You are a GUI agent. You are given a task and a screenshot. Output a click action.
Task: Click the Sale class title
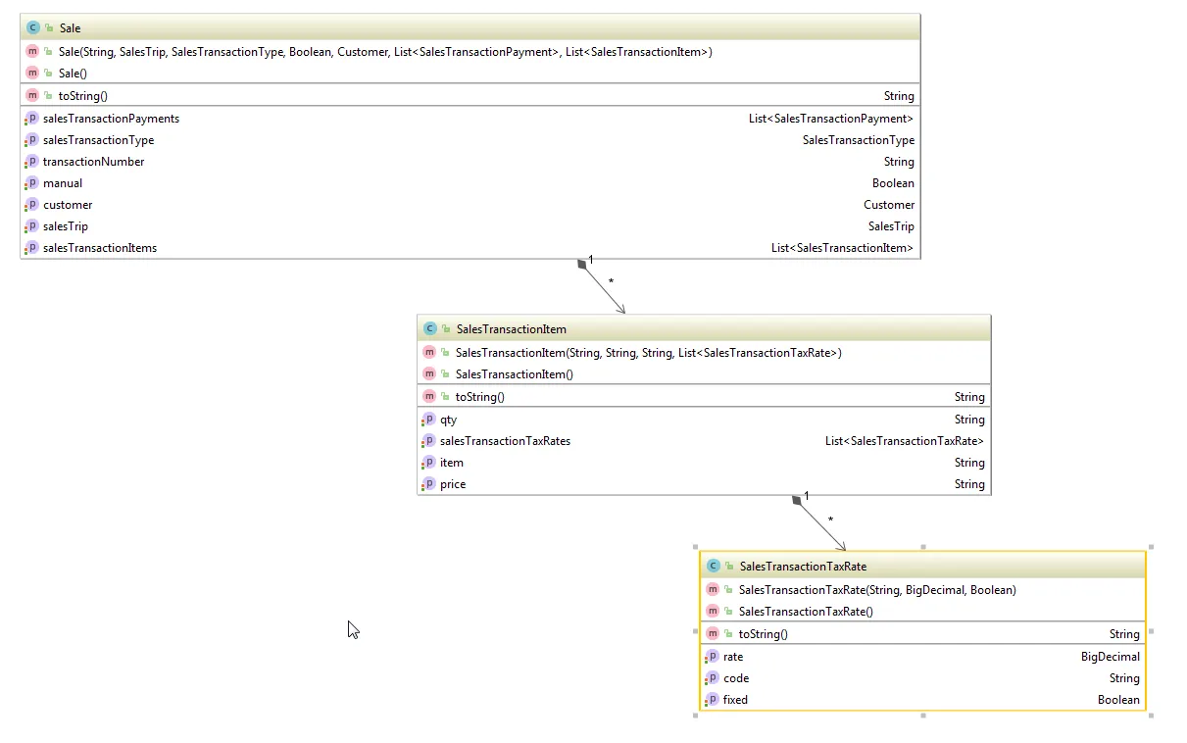point(70,28)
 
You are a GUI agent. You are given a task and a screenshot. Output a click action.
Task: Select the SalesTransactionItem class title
point(511,329)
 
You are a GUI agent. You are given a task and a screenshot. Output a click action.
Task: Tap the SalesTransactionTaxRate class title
point(803,567)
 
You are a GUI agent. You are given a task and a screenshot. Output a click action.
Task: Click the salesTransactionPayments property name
point(111,119)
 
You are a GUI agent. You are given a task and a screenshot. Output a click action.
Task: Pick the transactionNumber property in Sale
point(93,162)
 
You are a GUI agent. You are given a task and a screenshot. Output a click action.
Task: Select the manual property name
point(63,183)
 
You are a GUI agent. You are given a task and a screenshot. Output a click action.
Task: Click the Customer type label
point(889,205)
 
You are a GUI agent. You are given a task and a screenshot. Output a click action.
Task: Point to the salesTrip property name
point(66,226)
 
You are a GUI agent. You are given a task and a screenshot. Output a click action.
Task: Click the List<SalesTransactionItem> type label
point(842,248)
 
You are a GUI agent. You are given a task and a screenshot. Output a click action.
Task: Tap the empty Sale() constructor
point(74,74)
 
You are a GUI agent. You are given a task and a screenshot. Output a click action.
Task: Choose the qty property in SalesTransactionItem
point(449,420)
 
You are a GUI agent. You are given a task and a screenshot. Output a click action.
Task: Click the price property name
point(453,484)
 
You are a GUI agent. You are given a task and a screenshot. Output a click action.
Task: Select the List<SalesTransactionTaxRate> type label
point(904,441)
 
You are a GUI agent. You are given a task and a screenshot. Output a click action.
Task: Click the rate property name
point(733,657)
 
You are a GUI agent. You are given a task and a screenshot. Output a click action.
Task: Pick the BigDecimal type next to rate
point(1110,657)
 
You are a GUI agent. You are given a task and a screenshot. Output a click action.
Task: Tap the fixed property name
point(735,700)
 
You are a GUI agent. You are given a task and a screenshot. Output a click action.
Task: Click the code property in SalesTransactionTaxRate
point(736,678)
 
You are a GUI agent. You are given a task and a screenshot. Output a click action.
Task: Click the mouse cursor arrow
point(353,629)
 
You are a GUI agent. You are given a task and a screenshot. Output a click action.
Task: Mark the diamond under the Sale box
point(582,264)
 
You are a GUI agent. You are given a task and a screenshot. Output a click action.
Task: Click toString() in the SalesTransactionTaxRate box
point(763,634)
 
